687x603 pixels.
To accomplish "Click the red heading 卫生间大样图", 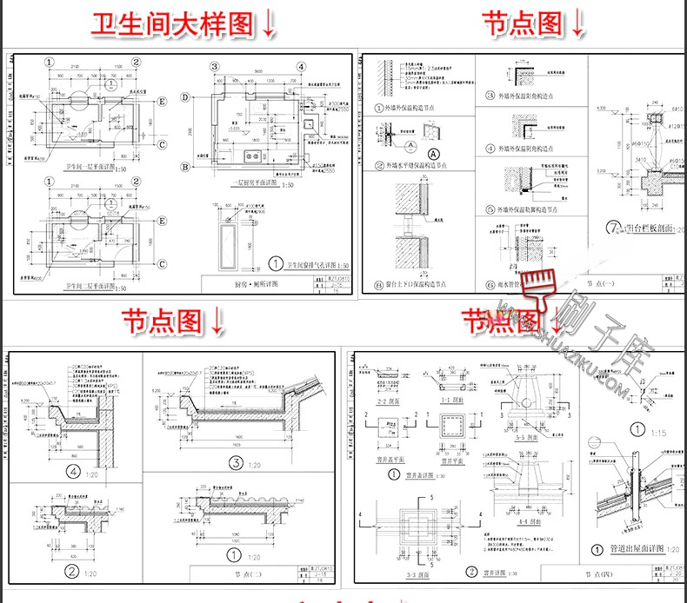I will pos(173,23).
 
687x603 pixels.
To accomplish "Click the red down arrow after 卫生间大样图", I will pos(268,23).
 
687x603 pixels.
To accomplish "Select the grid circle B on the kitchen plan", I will pos(185,167).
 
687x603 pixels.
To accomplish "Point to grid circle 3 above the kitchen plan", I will pos(213,67).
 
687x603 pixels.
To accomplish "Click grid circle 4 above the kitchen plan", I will pos(299,67).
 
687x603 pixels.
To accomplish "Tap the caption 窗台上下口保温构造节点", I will pos(417,284).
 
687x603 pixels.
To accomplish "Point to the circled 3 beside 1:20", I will pos(237,462).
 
